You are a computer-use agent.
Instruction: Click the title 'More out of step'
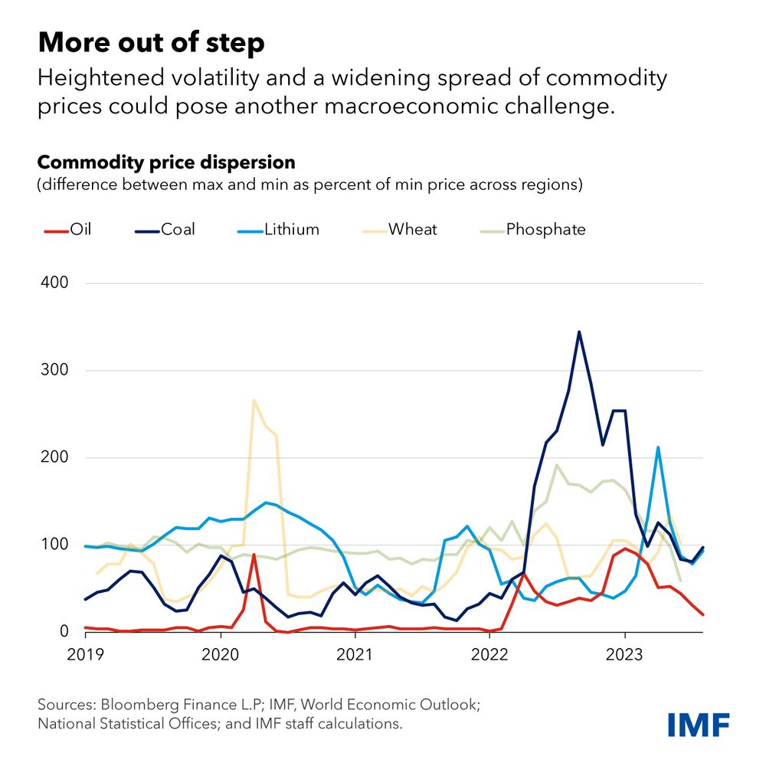(151, 43)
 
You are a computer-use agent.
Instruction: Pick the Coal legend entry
(177, 229)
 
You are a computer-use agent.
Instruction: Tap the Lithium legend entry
(290, 229)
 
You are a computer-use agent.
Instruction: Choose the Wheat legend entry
(412, 229)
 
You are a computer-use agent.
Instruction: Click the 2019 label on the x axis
(86, 654)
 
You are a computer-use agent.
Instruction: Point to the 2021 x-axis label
(355, 654)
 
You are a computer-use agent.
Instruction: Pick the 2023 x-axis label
(625, 654)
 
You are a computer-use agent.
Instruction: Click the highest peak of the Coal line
(579, 332)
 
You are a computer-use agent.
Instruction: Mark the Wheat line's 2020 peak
(254, 400)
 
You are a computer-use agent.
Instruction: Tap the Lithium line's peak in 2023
(658, 447)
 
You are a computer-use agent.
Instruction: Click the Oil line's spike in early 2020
(254, 555)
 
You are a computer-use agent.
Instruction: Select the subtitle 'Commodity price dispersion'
(166, 163)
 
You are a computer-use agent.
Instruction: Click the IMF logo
(698, 722)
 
